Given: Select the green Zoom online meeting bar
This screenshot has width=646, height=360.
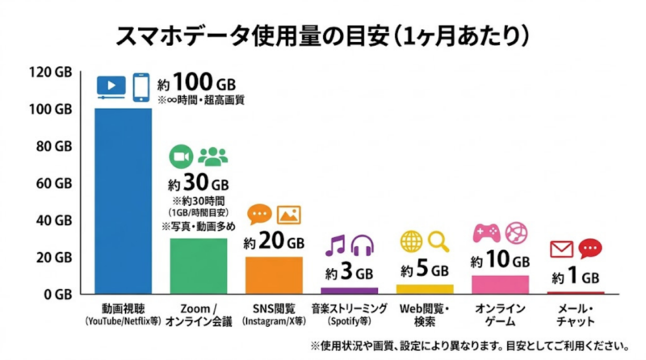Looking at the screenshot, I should tap(198, 266).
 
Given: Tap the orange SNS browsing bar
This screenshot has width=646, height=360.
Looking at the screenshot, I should tap(274, 275).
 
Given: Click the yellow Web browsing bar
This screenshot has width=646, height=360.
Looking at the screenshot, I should tap(425, 289).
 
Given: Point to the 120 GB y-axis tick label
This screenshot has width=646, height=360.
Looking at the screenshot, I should tap(50, 73).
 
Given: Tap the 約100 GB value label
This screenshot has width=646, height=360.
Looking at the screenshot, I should tap(197, 82).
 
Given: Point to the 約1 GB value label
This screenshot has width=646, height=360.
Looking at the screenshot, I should tap(577, 276).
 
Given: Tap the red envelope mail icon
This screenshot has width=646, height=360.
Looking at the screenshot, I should tap(561, 248).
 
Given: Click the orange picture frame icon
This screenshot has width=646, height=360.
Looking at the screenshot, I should tap(289, 215).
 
